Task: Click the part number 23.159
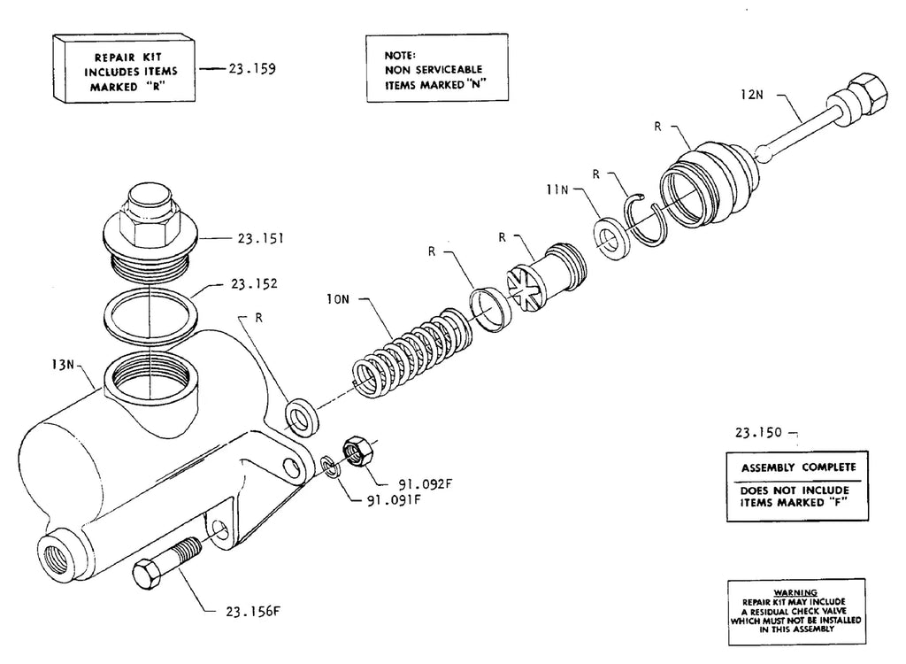pos(252,69)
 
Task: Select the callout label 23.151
pos(261,238)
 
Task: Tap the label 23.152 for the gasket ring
pos(254,284)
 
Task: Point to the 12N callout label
pos(752,94)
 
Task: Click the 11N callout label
pos(557,189)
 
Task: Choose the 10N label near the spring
pos(338,299)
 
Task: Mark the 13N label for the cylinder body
pos(63,365)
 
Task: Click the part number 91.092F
pos(426,484)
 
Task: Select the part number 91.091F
pos(394,499)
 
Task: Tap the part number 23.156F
pos(252,612)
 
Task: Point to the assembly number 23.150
pos(758,433)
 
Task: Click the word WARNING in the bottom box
pos(795,592)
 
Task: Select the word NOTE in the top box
pos(400,56)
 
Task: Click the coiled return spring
pos(412,353)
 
